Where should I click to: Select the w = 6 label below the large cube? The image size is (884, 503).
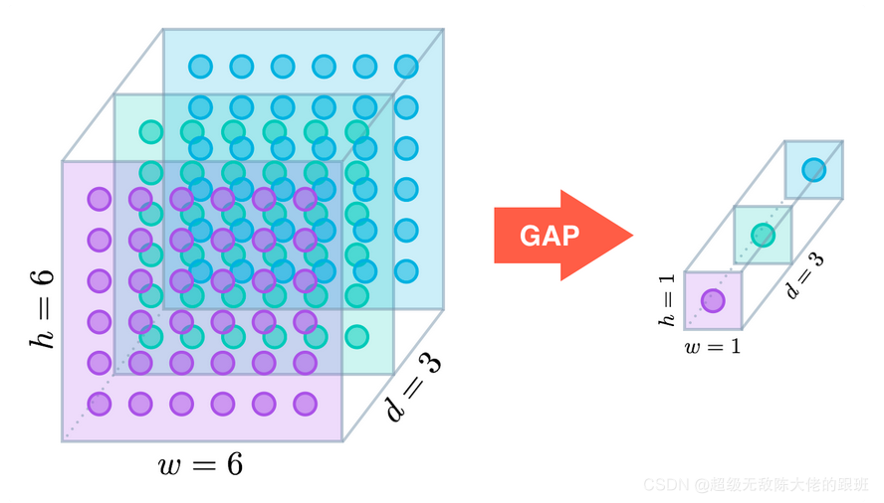pos(200,464)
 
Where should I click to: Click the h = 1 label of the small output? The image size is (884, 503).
pos(665,299)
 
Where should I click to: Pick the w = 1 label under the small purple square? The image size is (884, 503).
pos(712,346)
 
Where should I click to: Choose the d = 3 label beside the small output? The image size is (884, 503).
pos(806,274)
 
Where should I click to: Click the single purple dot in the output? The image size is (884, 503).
pos(713,299)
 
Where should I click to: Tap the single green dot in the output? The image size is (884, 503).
pos(763,236)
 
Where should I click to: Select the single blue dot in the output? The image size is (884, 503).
pos(814,169)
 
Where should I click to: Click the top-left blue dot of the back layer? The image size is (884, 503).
pos(200,67)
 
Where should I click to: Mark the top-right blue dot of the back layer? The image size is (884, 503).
pos(405,67)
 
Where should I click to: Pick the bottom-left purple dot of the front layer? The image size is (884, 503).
pos(99,404)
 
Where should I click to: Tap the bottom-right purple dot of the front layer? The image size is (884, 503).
pos(305,404)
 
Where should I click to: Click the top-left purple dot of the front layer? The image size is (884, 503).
pos(99,199)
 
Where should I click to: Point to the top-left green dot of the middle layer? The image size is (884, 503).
pos(150,131)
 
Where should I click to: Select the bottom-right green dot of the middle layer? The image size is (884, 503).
pos(356,336)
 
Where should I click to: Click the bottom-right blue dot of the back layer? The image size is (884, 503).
pos(405,270)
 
